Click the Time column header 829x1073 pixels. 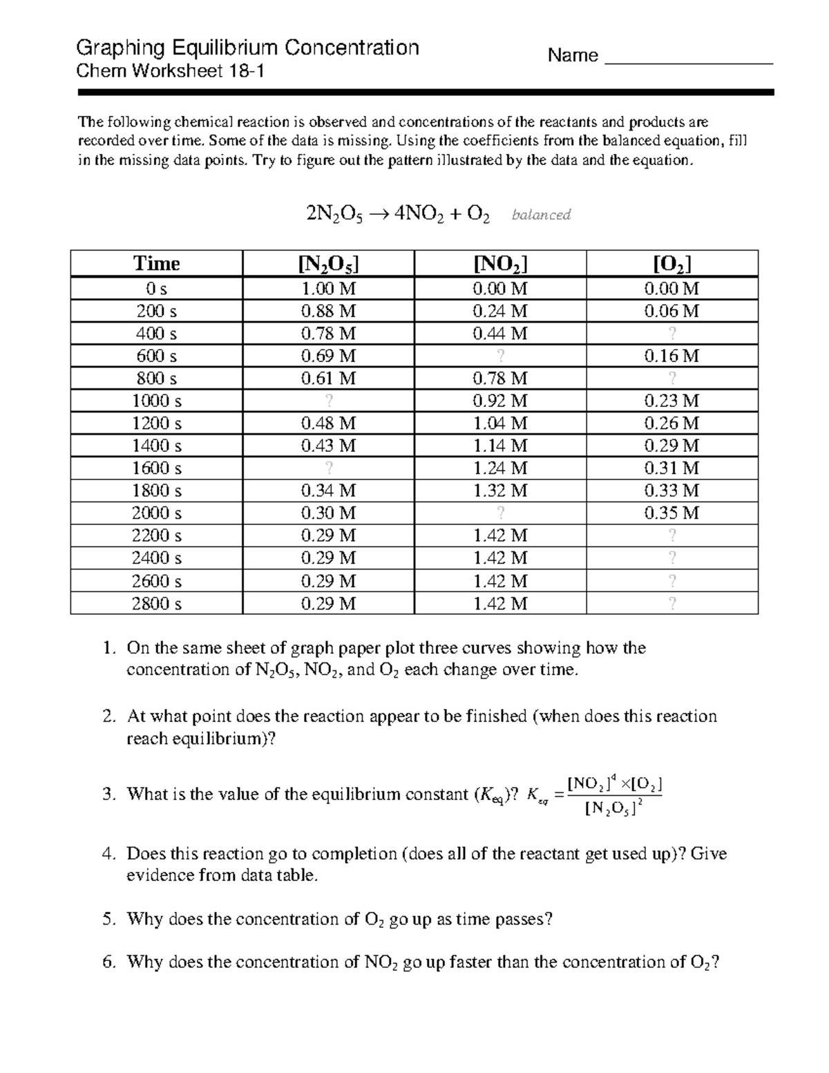click(x=156, y=264)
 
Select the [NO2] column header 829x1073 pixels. click(x=500, y=264)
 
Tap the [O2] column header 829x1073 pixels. click(x=672, y=264)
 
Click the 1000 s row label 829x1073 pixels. click(x=156, y=401)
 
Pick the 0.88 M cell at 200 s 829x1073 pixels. click(x=328, y=312)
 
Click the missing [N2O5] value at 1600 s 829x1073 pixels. click(x=328, y=468)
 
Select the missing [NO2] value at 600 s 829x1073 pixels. click(x=500, y=357)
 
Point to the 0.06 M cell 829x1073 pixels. click(x=672, y=312)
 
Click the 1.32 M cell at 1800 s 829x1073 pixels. click(x=500, y=491)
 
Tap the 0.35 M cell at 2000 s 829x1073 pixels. click(x=672, y=513)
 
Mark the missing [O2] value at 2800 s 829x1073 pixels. click(x=672, y=604)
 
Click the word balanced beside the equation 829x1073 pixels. click(x=541, y=215)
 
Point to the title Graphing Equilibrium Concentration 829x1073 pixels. click(x=247, y=48)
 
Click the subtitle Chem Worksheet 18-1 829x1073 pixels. click(x=170, y=71)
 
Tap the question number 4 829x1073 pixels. click(x=107, y=854)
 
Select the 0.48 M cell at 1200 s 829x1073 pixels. click(x=328, y=424)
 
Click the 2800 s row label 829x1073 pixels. click(x=156, y=604)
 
